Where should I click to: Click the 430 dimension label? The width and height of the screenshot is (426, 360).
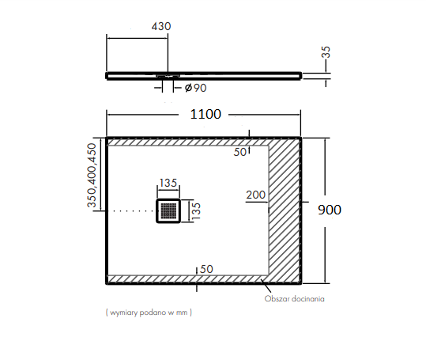tap(161, 26)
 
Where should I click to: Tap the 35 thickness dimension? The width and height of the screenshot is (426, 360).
tap(326, 52)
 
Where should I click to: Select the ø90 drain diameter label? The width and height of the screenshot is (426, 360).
tap(196, 88)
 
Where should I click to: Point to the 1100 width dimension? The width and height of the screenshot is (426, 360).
tap(205, 114)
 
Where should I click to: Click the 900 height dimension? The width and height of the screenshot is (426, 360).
tap(330, 210)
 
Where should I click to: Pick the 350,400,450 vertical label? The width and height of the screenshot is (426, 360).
tap(92, 176)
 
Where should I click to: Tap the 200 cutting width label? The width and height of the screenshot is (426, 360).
tap(255, 195)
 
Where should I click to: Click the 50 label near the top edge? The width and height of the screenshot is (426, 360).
tap(240, 152)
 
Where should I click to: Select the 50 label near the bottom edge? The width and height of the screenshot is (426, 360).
tap(206, 269)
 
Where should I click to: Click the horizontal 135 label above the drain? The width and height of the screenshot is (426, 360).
tap(168, 183)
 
